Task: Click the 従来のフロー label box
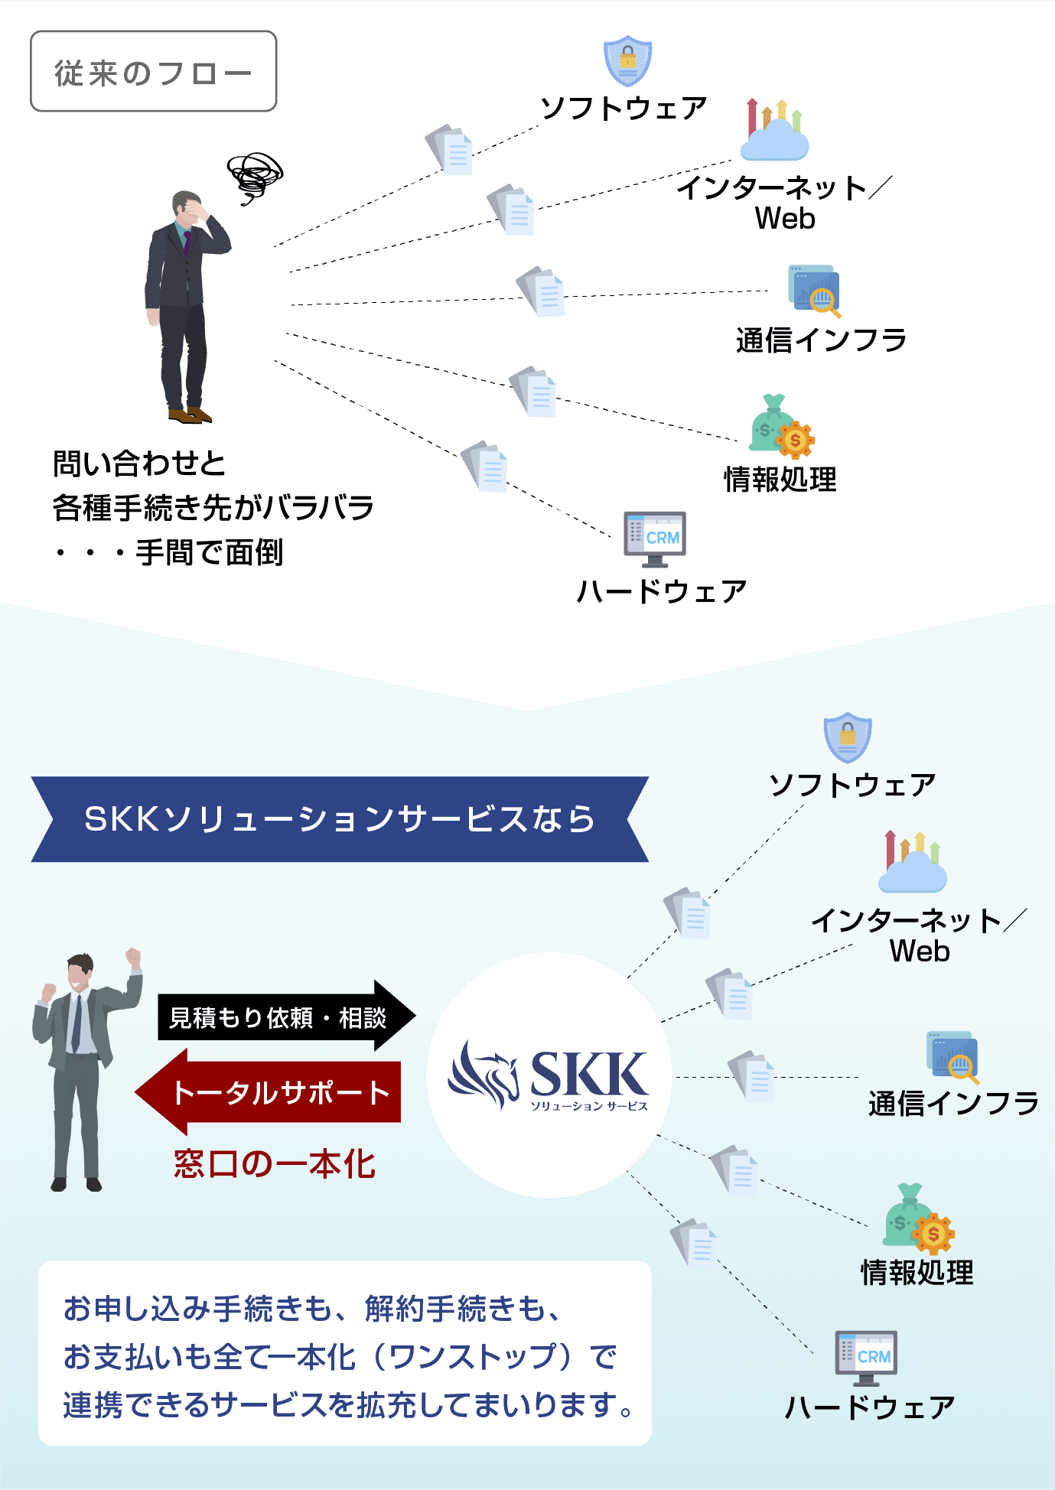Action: pyautogui.click(x=153, y=72)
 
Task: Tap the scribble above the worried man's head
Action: pyautogui.click(x=255, y=175)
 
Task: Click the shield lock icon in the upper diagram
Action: pyautogui.click(x=627, y=60)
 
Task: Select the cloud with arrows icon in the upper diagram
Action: pyautogui.click(x=774, y=132)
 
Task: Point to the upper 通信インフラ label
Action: pyautogui.click(x=821, y=340)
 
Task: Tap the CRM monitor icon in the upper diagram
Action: pyautogui.click(x=655, y=538)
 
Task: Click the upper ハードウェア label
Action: pyautogui.click(x=661, y=591)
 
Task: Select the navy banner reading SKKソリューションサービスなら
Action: pyautogui.click(x=340, y=819)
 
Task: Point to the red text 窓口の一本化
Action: pyautogui.click(x=274, y=1164)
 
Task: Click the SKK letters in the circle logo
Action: pyautogui.click(x=588, y=1074)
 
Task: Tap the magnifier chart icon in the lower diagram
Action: pyautogui.click(x=952, y=1057)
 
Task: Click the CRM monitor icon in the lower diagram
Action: pyautogui.click(x=866, y=1357)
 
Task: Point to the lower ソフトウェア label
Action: pyautogui.click(x=852, y=785)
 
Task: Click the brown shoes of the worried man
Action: pyautogui.click(x=189, y=415)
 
